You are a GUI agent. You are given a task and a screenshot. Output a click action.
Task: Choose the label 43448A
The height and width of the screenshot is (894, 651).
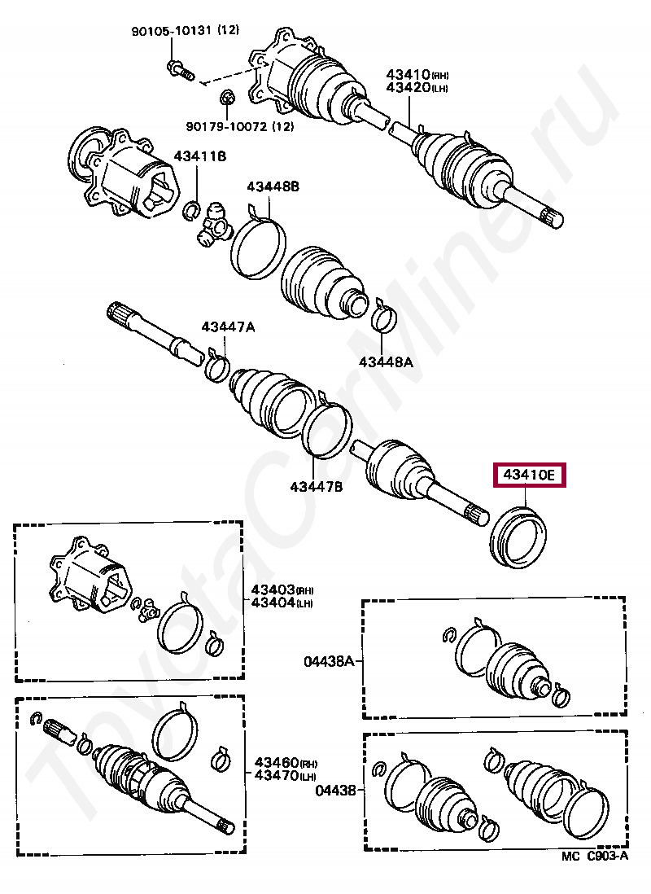pyautogui.click(x=384, y=360)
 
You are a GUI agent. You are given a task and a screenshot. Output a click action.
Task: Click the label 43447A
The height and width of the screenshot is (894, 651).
pyautogui.click(x=229, y=327)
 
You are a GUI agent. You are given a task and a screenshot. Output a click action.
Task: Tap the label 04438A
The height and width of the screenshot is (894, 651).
pyautogui.click(x=327, y=662)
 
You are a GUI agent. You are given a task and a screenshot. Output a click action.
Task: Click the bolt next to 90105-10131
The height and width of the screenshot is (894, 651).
pyautogui.click(x=178, y=70)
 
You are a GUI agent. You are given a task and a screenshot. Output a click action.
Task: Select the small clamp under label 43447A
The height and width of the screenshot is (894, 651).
pyautogui.click(x=216, y=368)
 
